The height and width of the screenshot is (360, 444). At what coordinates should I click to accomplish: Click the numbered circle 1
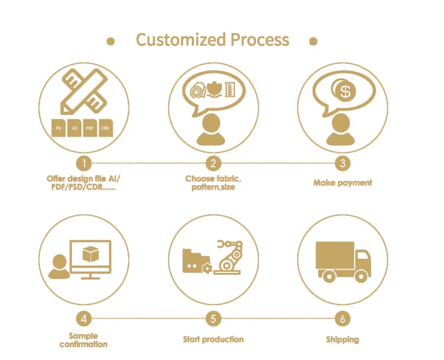click(83, 163)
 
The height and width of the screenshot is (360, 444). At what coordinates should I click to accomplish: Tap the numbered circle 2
click(213, 163)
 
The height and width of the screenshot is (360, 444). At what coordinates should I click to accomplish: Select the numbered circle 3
click(342, 163)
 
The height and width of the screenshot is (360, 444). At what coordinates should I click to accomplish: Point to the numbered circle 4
click(83, 319)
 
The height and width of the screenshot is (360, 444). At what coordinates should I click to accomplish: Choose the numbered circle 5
click(213, 319)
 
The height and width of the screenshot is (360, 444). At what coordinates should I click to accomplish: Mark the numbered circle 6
click(342, 319)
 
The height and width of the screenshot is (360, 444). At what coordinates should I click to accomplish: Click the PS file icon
click(58, 128)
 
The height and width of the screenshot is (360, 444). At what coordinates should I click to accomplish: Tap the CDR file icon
click(105, 128)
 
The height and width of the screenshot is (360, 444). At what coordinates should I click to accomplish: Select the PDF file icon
click(90, 128)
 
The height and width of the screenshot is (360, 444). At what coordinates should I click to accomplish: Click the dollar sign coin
click(345, 92)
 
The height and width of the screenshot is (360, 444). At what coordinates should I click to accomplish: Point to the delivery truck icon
click(343, 261)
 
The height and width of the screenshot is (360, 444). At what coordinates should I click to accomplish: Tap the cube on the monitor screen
click(88, 254)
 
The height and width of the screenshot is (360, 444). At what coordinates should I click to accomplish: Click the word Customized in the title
click(180, 40)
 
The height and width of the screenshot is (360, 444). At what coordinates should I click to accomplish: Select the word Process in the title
click(260, 40)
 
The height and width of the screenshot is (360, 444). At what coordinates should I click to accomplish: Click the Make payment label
click(343, 183)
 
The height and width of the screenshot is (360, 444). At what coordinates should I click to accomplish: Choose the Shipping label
click(343, 339)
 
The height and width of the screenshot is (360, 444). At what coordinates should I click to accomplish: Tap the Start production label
click(213, 339)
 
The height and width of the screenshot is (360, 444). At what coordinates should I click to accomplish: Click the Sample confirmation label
click(83, 340)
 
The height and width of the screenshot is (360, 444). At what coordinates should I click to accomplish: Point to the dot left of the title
click(111, 41)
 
